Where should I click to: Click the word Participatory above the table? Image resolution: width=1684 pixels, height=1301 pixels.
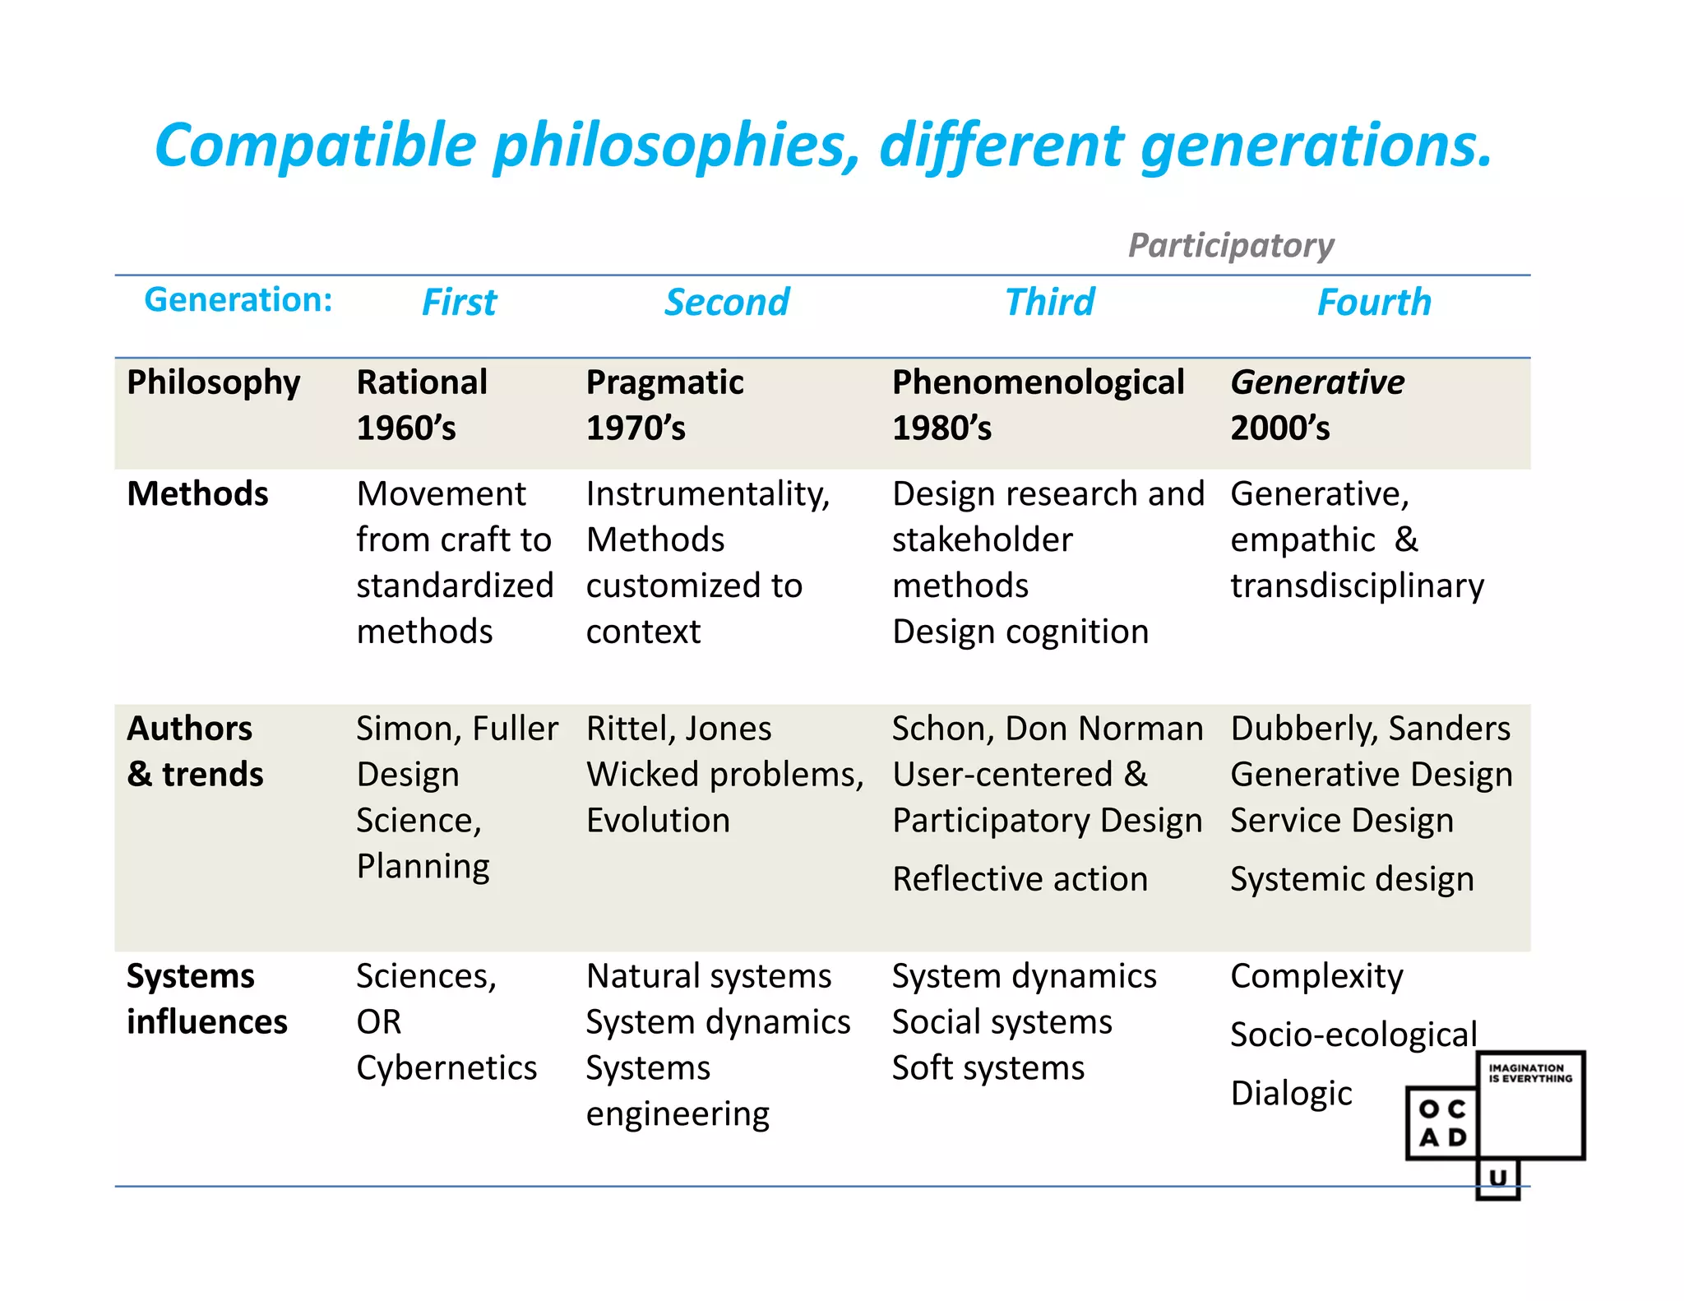pos(1230,245)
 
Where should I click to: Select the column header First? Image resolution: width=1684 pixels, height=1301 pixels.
pos(459,302)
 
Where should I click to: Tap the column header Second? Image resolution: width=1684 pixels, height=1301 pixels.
pos(727,302)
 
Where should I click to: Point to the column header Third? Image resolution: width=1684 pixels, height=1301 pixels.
pos(1049,302)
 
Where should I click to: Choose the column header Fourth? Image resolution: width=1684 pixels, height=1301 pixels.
pos(1374,302)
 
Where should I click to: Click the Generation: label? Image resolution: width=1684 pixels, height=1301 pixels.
pos(238,299)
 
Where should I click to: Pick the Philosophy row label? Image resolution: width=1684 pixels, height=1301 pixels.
pos(213,383)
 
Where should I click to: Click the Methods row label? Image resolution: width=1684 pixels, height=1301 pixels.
pos(197,493)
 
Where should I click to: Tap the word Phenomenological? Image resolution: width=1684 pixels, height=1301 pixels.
pos(1038,383)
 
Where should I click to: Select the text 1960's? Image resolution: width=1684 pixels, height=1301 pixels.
pos(406,428)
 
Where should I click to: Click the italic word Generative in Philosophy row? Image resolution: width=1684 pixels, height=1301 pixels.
pos(1317,382)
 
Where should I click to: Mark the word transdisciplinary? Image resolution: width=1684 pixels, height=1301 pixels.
pos(1357,586)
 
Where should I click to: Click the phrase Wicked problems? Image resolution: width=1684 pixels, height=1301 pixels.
pos(724,775)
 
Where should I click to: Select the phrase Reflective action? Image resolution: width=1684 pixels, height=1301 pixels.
pos(1020,879)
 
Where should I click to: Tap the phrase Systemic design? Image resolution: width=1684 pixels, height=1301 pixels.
pos(1352,879)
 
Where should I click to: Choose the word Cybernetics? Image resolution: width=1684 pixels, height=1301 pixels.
pos(446,1068)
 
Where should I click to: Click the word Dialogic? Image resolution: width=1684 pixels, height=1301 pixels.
pos(1291,1094)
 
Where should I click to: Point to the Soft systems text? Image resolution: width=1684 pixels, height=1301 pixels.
pos(988,1068)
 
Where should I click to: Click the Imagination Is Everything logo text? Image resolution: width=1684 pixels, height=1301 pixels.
pos(1530,1073)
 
